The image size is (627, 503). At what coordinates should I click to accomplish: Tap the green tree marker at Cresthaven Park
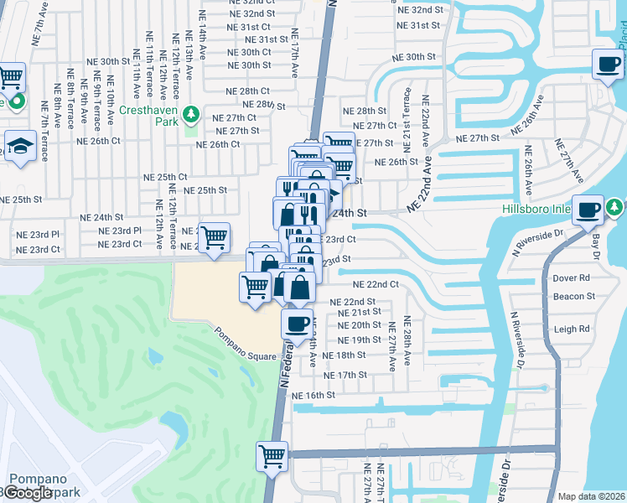tap(191, 113)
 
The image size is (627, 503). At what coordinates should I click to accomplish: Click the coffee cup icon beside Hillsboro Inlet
tap(588, 208)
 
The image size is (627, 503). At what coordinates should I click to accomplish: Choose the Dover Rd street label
tap(572, 278)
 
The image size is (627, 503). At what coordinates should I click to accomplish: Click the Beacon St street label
tap(573, 296)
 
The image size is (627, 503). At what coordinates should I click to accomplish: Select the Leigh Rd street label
tap(572, 329)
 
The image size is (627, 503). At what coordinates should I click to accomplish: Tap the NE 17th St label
tap(345, 375)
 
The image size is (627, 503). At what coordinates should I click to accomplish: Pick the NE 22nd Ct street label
tap(376, 284)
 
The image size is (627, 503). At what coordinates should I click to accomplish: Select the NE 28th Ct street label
tap(247, 91)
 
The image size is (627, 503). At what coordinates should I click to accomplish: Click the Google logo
tap(28, 493)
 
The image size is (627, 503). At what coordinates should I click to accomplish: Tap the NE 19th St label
tap(359, 340)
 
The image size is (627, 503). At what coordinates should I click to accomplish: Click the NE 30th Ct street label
tap(250, 52)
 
